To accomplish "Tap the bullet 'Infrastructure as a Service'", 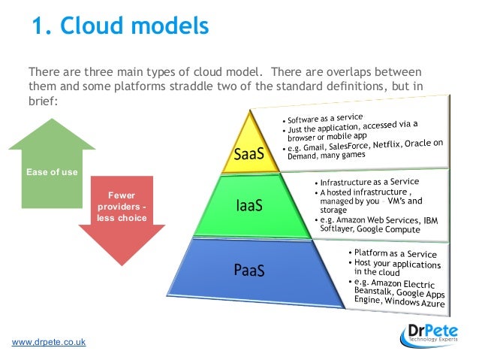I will [369, 182].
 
